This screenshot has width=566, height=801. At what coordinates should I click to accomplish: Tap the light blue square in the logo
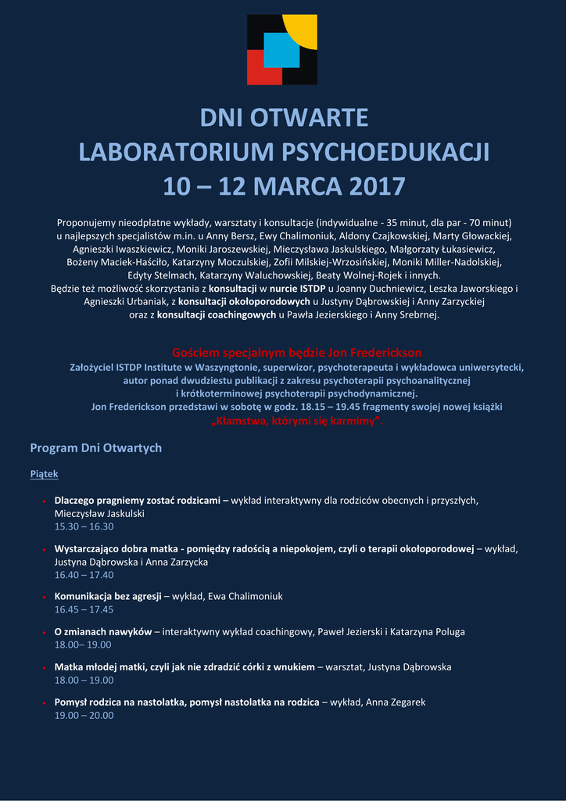[x=281, y=49]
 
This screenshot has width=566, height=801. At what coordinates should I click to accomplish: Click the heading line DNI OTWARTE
[x=284, y=117]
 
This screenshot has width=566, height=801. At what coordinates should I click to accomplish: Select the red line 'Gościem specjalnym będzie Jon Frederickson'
[x=296, y=353]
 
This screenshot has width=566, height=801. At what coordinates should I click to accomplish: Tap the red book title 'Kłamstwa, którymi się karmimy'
[x=297, y=421]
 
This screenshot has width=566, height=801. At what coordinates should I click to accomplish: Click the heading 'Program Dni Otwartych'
[x=95, y=448]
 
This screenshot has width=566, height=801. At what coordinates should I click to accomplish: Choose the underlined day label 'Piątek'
[x=44, y=474]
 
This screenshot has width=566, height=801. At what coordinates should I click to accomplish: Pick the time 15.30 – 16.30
[x=84, y=526]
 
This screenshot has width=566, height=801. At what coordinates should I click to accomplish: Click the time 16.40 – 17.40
[x=84, y=574]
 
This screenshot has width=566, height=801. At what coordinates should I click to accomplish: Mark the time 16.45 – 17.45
[x=84, y=609]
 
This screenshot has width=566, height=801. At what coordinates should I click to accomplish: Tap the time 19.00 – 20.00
[x=84, y=715]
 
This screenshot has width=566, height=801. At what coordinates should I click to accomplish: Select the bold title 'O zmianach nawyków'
[x=103, y=631]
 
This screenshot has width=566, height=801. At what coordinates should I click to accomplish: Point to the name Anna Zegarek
[x=396, y=702]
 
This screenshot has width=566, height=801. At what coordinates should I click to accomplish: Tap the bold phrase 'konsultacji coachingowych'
[x=217, y=315]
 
